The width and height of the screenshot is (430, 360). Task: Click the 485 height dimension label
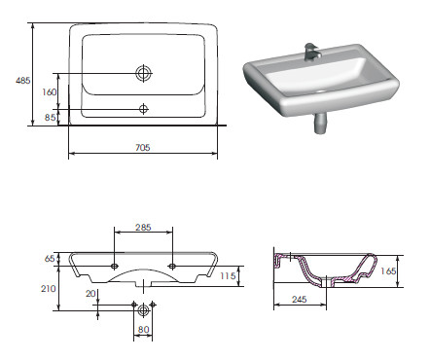tap(23, 80)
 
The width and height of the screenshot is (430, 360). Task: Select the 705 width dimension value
tap(143, 148)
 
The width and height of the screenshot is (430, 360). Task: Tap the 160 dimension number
tap(50, 92)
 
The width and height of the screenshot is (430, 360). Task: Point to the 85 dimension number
tap(50, 117)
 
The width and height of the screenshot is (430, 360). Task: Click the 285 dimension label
tap(143, 227)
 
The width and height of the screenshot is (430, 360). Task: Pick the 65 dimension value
tap(50, 259)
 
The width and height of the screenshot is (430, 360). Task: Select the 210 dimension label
tap(49, 288)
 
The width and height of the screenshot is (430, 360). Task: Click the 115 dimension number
tap(228, 276)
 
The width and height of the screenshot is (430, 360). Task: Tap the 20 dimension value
tap(90, 294)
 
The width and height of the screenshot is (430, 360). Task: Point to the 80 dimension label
tap(143, 330)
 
